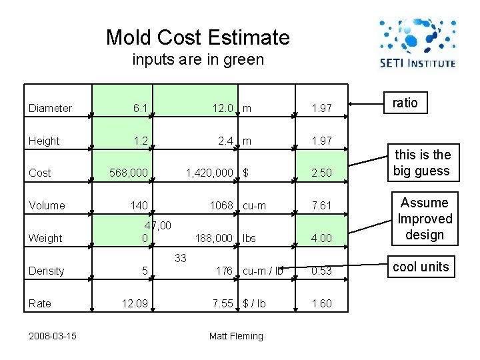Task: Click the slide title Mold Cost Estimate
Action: coord(197,37)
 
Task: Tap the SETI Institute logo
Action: coord(417,43)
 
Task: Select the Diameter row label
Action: coord(51,108)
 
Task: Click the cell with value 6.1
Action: coord(140,108)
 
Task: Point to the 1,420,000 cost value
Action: coord(209,173)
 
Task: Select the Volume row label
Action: coord(47,205)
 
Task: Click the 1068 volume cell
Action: coord(221,205)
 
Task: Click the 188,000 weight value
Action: coord(213,238)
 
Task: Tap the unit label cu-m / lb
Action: coord(263,271)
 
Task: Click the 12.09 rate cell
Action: coord(137,303)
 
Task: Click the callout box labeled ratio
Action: coord(405,103)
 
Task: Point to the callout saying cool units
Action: coord(421,267)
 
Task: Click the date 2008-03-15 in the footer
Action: coord(52,335)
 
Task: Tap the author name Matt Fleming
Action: coord(236,336)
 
